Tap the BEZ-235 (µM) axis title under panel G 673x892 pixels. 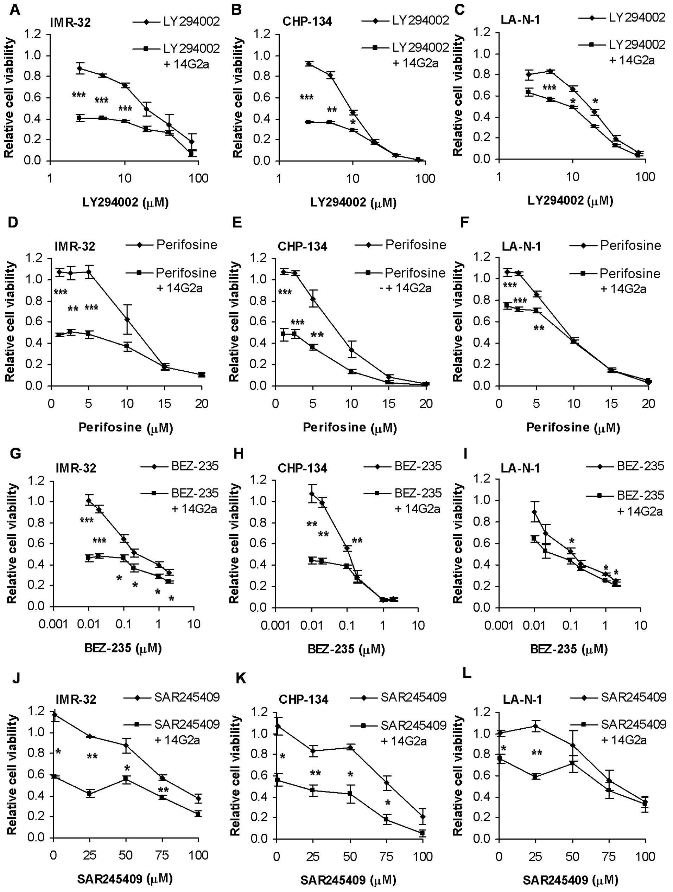(123, 648)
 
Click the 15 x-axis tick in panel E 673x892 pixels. (389, 404)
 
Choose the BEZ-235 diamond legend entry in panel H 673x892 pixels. (402, 466)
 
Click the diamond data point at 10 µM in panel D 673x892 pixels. (127, 319)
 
